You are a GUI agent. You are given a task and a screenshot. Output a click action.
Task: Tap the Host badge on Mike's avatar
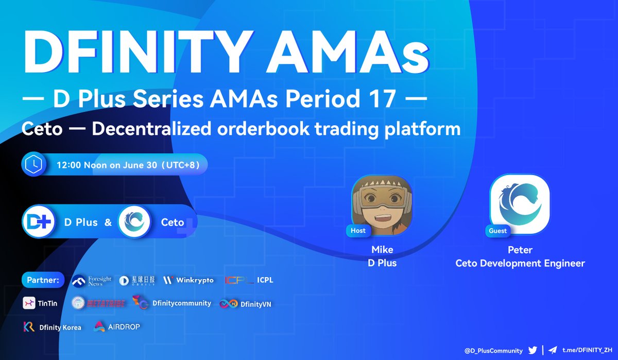click(358, 231)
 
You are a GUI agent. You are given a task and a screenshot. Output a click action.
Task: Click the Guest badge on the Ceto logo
click(498, 231)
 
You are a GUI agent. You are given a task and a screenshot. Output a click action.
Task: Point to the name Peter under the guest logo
click(520, 250)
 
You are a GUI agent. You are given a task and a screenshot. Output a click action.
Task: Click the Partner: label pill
click(43, 281)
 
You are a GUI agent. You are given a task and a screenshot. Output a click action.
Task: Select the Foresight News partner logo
click(92, 281)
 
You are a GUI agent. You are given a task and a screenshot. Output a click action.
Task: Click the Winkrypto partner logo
click(188, 281)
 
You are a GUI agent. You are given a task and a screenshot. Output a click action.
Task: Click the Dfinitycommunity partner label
click(181, 303)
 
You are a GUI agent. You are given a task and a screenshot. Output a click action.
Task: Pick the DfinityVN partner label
click(256, 304)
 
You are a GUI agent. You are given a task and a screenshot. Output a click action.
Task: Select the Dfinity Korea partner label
click(60, 327)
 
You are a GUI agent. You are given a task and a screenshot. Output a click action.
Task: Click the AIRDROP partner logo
click(124, 327)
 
